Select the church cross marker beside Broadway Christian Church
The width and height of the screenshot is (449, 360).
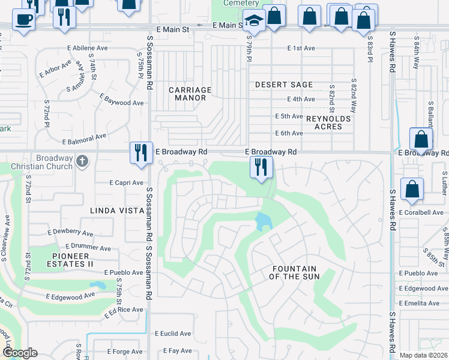83,161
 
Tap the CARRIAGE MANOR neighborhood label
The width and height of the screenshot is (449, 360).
190,94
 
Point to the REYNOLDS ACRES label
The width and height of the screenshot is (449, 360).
328,122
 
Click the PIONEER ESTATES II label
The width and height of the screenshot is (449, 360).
69,260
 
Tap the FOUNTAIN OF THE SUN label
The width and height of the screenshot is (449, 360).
295,272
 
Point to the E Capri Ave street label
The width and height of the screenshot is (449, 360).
126,183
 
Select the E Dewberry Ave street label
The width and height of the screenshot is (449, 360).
70,233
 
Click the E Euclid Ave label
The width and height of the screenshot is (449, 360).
173,334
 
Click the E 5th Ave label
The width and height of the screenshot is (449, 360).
289,116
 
